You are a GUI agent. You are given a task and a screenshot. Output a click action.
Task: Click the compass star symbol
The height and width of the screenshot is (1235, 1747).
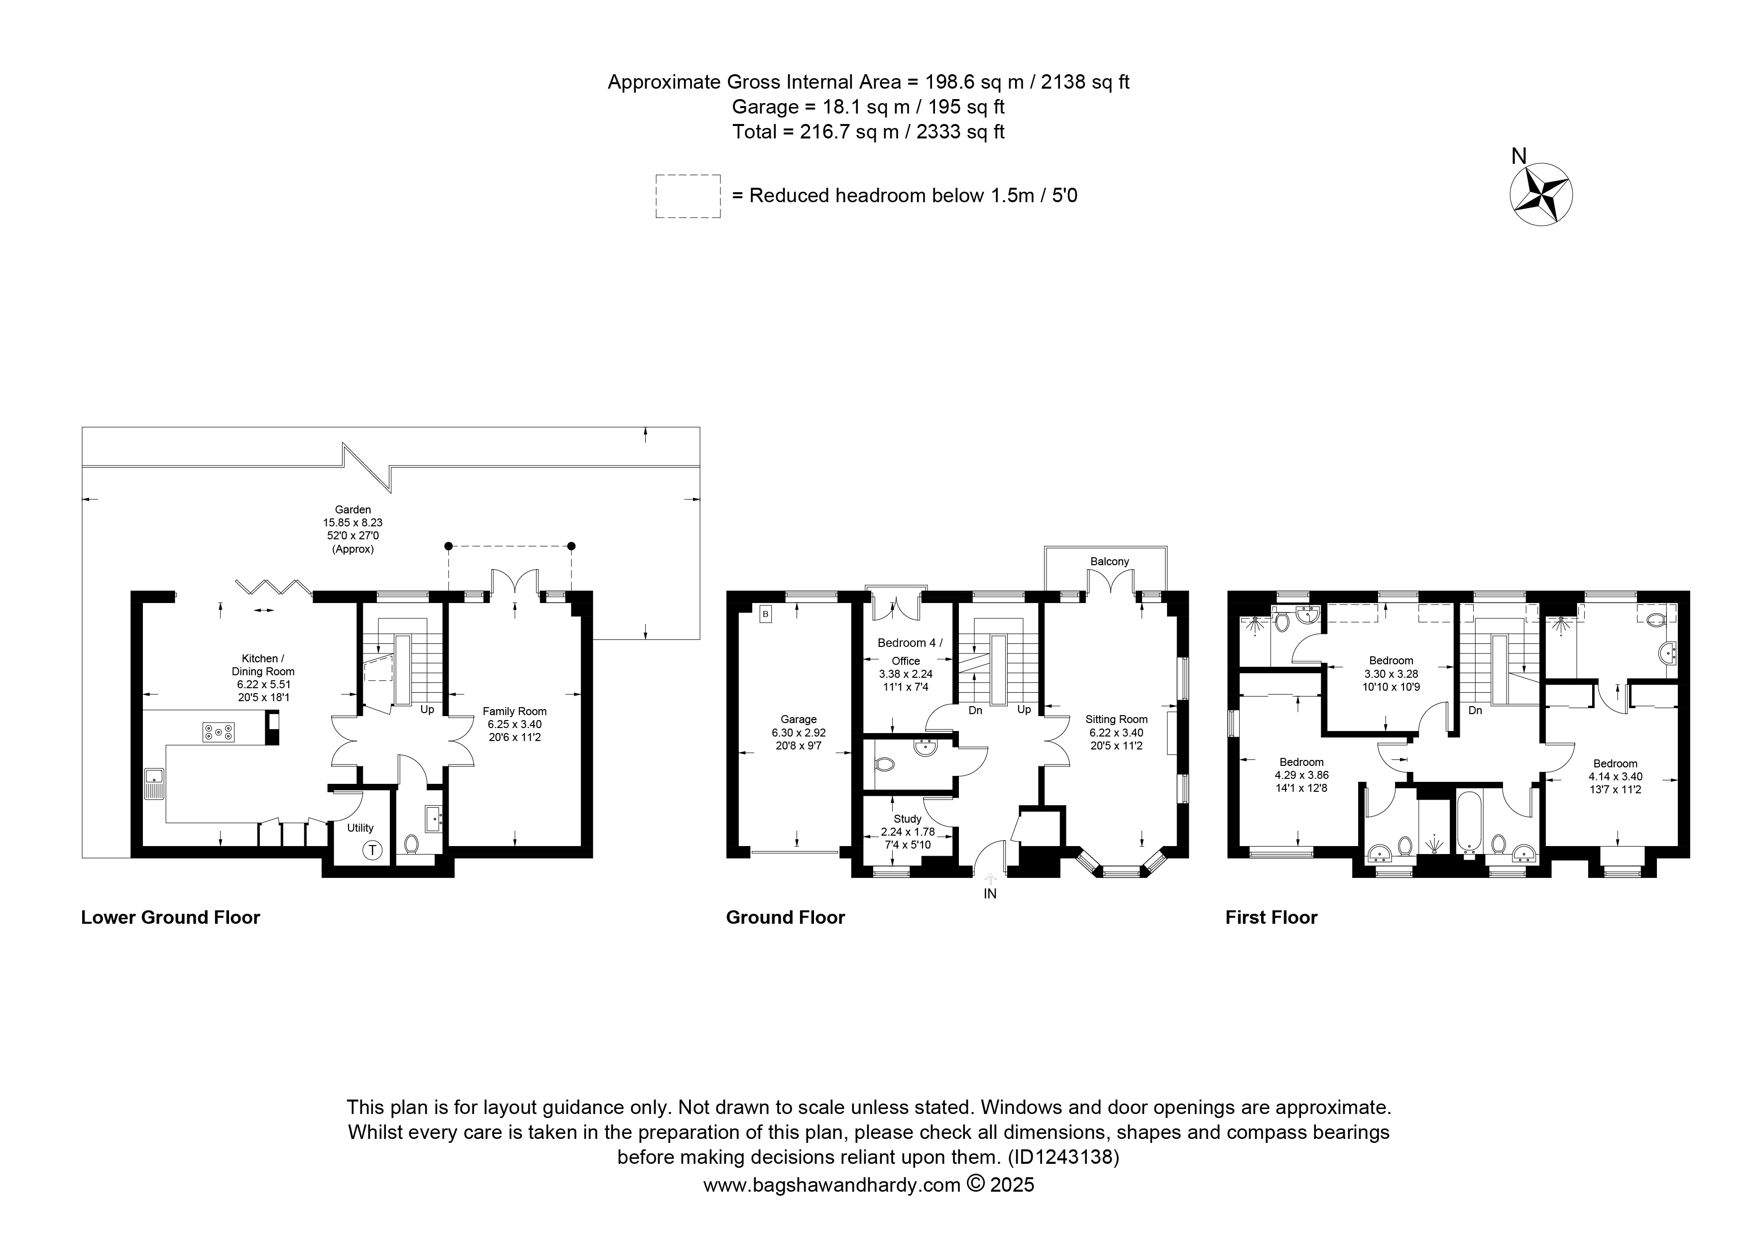click(1541, 195)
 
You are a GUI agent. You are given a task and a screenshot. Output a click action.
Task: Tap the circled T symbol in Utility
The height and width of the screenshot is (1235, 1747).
click(372, 850)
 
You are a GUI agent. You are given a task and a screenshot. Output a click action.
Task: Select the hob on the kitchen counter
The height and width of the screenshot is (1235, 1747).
click(219, 732)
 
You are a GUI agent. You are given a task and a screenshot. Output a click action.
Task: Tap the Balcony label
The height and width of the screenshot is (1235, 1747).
click(1109, 562)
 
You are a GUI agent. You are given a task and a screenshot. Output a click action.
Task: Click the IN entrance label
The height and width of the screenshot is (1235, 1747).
click(990, 893)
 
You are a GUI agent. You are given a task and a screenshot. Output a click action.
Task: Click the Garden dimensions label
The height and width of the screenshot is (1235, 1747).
click(353, 529)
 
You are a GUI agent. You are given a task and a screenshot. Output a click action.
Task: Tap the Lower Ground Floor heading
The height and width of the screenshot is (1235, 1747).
click(170, 918)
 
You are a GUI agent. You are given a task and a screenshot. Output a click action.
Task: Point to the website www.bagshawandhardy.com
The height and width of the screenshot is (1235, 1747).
click(831, 1185)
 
